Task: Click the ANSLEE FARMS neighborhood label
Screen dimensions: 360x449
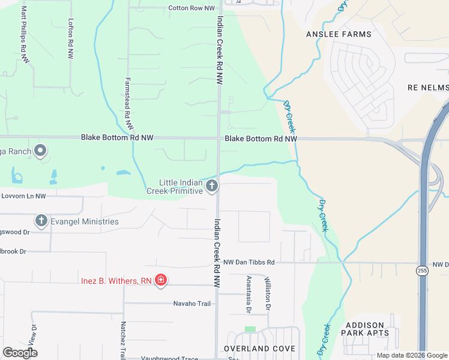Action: [x=339, y=34]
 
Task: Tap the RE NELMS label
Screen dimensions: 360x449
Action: [x=427, y=88]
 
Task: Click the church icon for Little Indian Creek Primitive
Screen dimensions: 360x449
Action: [x=211, y=187]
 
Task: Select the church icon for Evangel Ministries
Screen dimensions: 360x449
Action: [x=41, y=221]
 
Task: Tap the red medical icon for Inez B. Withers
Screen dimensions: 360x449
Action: [x=160, y=280]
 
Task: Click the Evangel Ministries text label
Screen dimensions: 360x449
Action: [x=85, y=221]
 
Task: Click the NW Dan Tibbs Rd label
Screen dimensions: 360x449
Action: [x=249, y=262]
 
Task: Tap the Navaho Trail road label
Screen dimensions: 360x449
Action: [x=192, y=304]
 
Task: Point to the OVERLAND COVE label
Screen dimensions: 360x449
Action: [x=259, y=349]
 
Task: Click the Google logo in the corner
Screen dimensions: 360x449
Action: [x=20, y=352]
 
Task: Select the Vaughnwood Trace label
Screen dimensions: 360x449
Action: [x=169, y=359]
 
